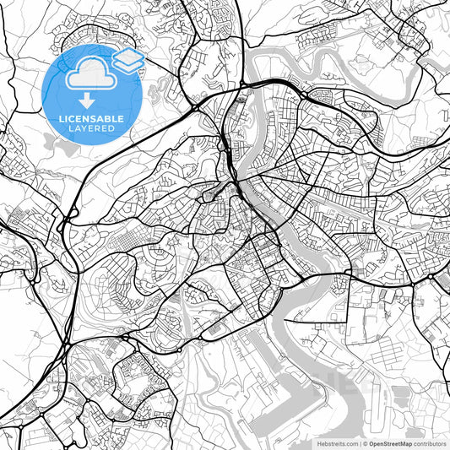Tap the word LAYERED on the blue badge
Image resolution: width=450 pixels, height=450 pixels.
pos(93,128)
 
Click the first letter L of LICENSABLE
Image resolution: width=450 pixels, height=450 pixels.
pos(60,118)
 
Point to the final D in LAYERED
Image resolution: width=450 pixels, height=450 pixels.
pos(113,128)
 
